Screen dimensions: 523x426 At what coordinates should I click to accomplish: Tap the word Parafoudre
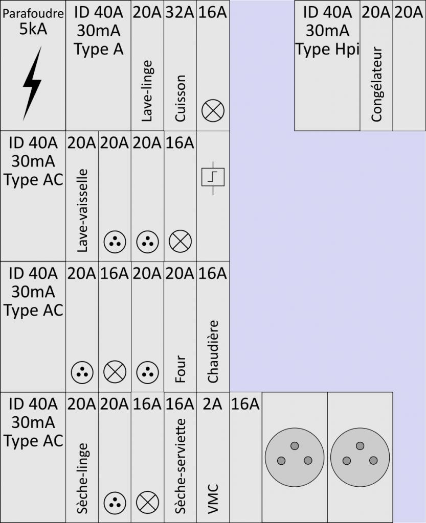pos(33,14)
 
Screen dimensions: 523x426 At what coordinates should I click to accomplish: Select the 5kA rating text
pos(33,29)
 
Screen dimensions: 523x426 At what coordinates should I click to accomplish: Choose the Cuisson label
pos(180,98)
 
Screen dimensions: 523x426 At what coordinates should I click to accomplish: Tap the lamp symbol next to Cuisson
pos(212,110)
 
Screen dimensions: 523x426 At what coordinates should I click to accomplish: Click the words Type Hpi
pos(327,49)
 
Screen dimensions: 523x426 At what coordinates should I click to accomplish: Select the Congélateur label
pos(377,84)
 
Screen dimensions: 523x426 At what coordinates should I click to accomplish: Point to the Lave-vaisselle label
pos(82,210)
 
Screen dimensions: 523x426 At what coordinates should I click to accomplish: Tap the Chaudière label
pos(213,351)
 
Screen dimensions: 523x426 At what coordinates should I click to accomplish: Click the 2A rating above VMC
pos(212,405)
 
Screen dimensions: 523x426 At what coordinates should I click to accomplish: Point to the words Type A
pos(99,49)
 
